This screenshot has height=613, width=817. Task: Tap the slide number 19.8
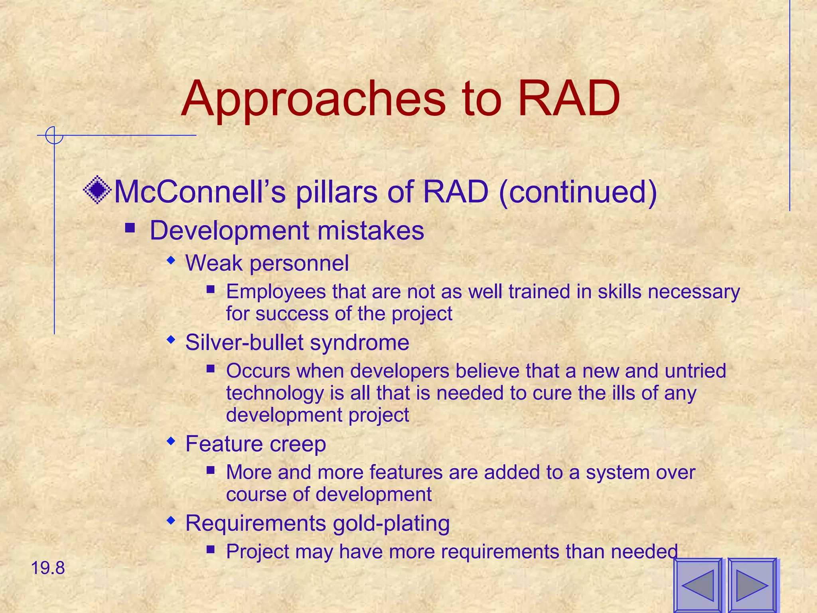(x=48, y=568)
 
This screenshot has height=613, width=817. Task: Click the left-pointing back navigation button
(x=698, y=585)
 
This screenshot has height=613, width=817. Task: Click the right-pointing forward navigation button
(x=752, y=585)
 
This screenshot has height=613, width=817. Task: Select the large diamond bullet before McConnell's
(x=97, y=190)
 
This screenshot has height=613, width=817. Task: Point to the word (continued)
(x=578, y=192)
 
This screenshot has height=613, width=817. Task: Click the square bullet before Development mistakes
(x=130, y=228)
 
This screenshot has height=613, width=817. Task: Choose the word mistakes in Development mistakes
(x=371, y=231)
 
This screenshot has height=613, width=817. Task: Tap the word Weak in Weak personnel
(x=214, y=263)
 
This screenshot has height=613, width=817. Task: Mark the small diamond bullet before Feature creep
(x=171, y=441)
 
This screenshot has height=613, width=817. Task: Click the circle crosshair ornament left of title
(x=54, y=135)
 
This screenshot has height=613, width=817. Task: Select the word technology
(x=275, y=393)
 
